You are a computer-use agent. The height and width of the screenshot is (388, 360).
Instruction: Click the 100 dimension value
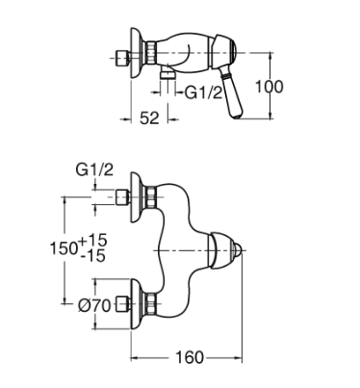click(x=270, y=87)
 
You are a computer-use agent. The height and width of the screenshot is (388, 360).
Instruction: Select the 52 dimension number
click(x=149, y=118)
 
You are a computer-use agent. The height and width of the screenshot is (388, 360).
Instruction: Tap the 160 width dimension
click(x=190, y=357)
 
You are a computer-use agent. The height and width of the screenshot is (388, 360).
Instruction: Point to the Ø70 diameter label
click(x=94, y=305)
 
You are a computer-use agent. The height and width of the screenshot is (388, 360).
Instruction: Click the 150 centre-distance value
click(x=64, y=247)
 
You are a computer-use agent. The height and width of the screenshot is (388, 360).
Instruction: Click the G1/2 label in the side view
click(x=203, y=93)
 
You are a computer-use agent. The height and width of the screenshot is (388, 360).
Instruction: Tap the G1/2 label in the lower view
click(x=94, y=169)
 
